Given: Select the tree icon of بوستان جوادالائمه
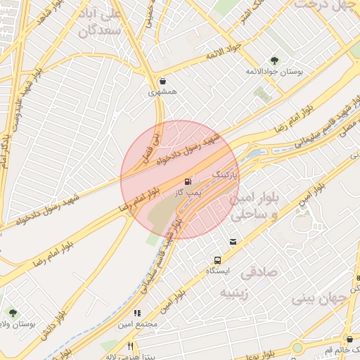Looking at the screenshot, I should click(274, 60).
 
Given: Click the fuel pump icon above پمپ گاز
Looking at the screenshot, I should click(188, 181).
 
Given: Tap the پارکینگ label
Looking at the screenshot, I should click(226, 171).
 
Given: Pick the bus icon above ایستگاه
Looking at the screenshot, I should click(217, 259).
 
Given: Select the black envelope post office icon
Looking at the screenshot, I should click(233, 242).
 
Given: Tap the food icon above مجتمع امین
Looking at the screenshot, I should click(137, 313).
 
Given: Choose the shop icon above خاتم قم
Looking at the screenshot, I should click(330, 339).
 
